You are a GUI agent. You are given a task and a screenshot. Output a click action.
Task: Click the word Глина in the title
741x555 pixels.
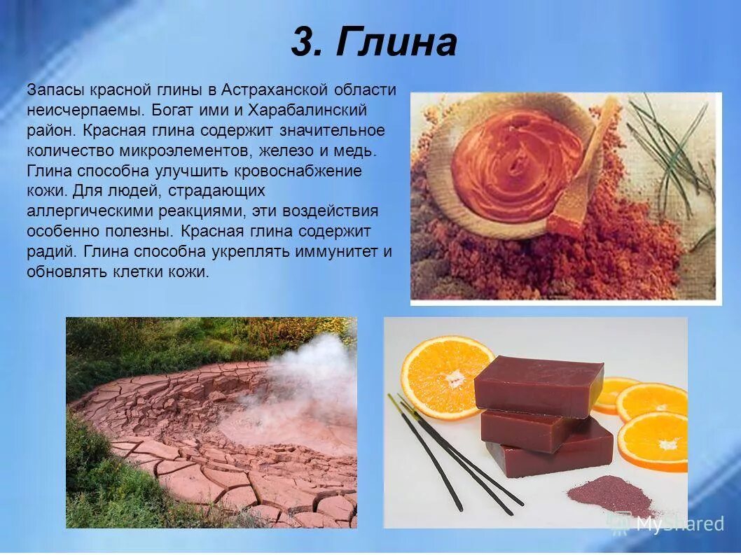tap(396, 43)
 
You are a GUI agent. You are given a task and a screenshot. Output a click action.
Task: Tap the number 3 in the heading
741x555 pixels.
tap(305, 43)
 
